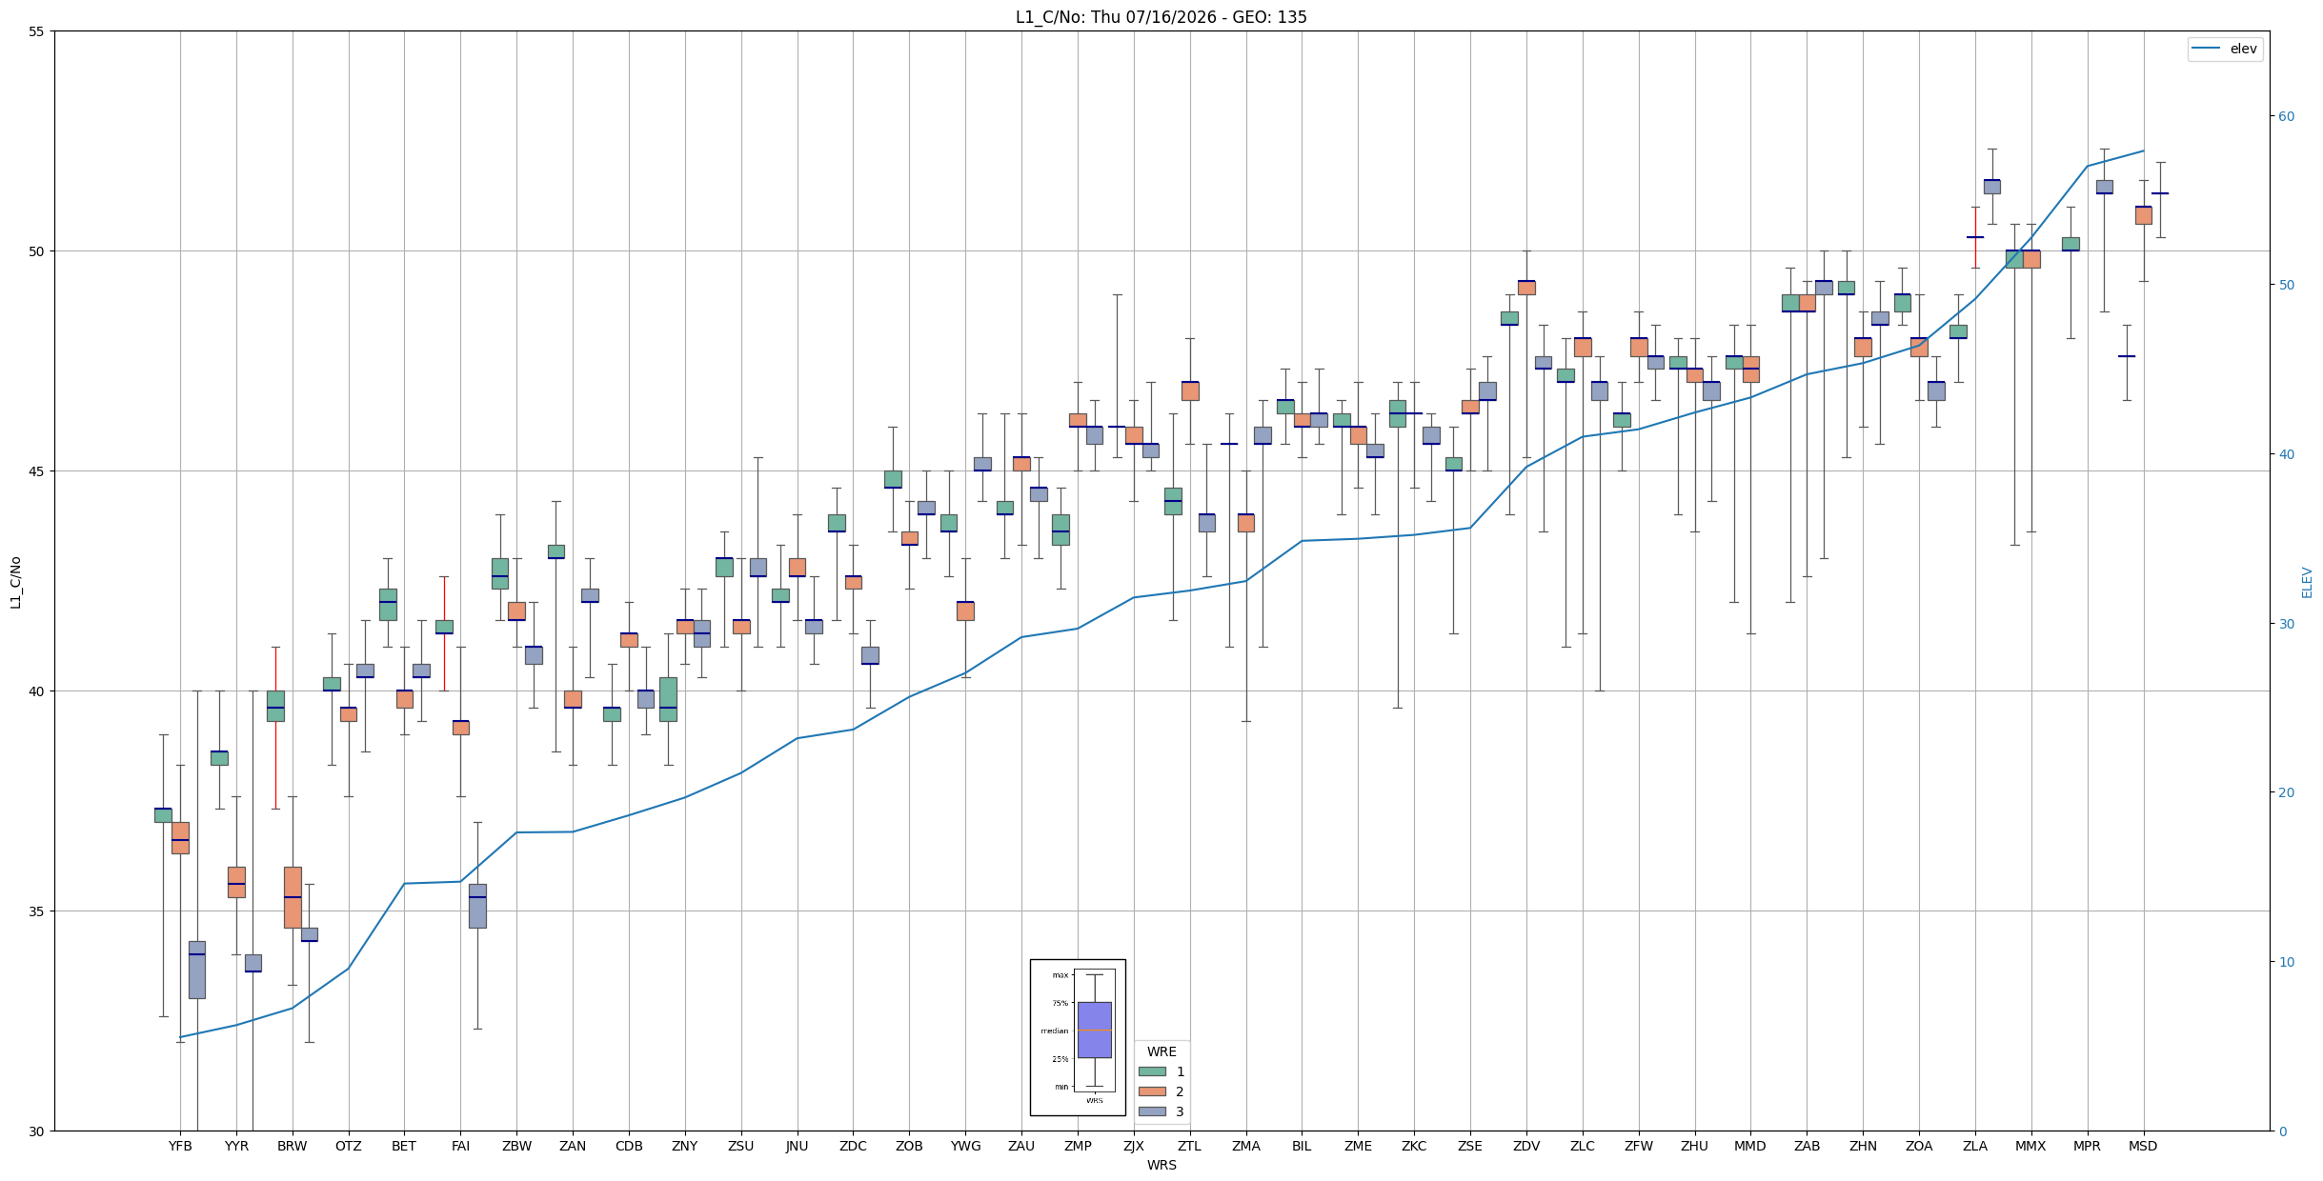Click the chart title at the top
point(1161,17)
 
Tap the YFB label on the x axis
point(180,1146)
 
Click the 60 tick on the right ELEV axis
point(2286,116)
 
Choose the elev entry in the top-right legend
point(2243,49)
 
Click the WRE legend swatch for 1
point(1152,1071)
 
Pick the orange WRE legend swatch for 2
point(1152,1091)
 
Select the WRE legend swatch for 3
point(1152,1111)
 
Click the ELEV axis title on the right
point(2307,582)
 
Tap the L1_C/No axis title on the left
point(15,582)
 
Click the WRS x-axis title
point(1161,1165)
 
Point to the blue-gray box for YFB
point(196,970)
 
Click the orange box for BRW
point(293,897)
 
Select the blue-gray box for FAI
point(477,906)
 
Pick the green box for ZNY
point(668,699)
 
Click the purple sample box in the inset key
point(1094,1030)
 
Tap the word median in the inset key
point(1054,1031)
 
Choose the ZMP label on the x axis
point(1078,1146)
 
